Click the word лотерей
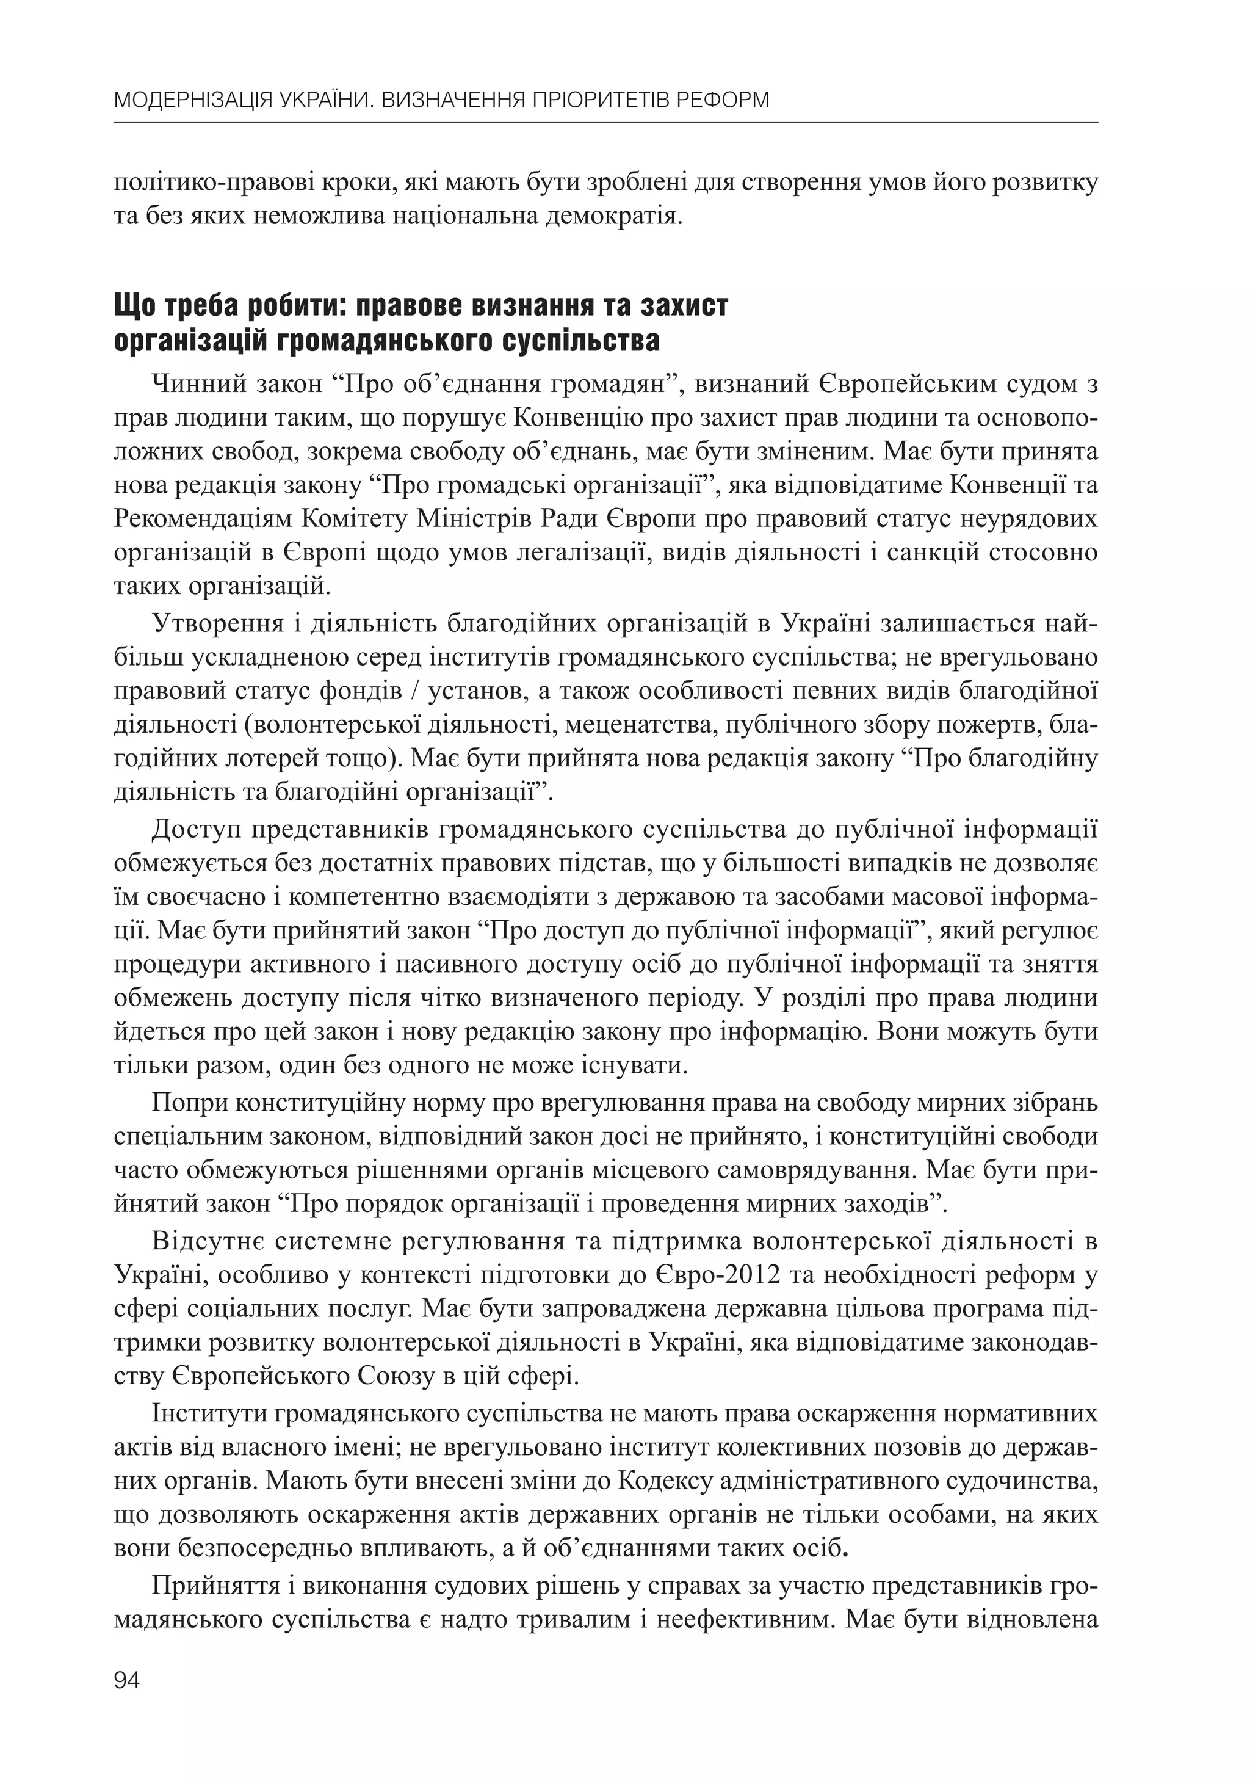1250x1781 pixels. pos(264,758)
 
